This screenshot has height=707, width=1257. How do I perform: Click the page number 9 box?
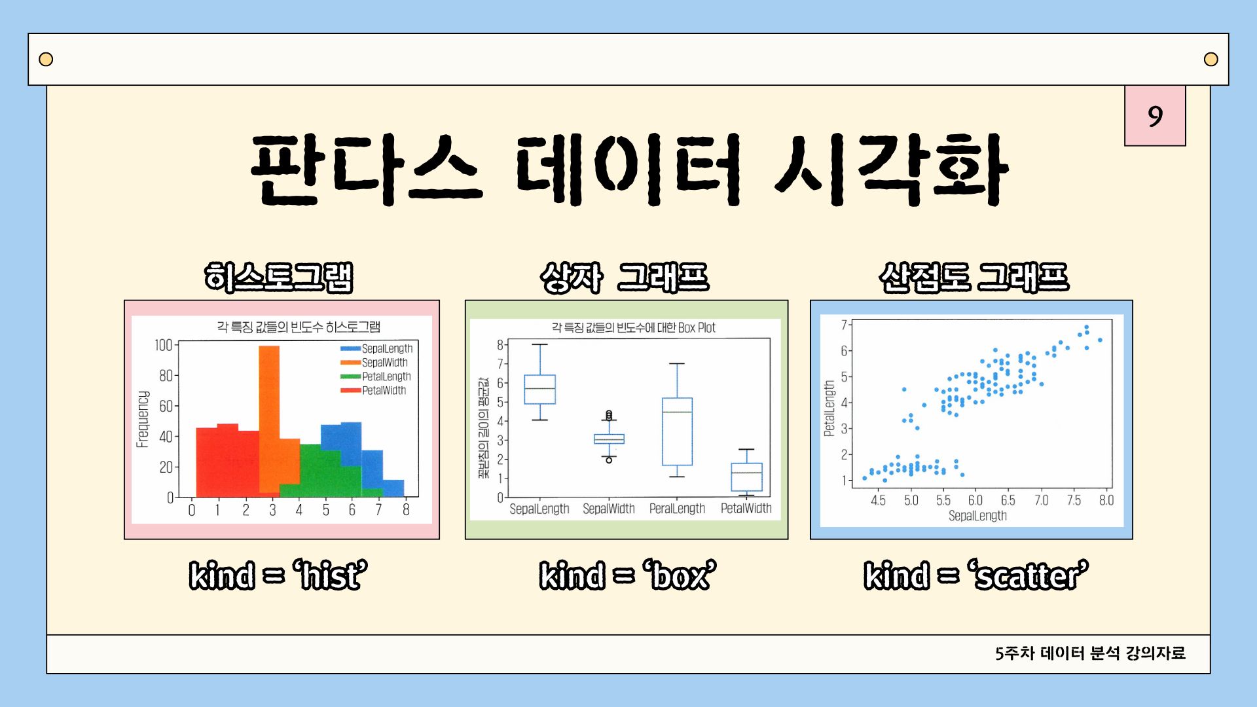(x=1155, y=116)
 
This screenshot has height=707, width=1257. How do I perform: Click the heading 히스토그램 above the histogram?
(x=279, y=277)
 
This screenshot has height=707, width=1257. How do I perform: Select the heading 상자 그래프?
(x=625, y=277)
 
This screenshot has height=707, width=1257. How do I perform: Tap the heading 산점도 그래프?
(x=974, y=277)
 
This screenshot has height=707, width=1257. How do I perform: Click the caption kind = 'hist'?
(x=278, y=575)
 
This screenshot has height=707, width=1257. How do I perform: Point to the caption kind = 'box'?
(x=628, y=575)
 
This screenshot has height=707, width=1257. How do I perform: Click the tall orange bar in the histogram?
(x=269, y=419)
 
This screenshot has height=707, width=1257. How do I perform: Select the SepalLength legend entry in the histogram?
(x=376, y=349)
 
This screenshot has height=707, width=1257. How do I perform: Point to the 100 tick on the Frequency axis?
(x=163, y=345)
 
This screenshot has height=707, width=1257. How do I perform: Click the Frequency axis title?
(x=143, y=420)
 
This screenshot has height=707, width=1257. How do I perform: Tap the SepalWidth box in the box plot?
(x=609, y=439)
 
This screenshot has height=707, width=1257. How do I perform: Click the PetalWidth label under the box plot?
(x=746, y=508)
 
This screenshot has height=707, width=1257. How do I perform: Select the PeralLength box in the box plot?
(x=677, y=431)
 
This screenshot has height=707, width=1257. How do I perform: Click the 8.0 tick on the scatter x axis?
(x=1106, y=500)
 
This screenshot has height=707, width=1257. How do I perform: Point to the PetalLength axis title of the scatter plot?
(x=829, y=408)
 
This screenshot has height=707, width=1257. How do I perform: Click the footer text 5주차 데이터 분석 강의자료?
(x=1090, y=653)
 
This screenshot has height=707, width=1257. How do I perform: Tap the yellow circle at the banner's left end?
(x=46, y=60)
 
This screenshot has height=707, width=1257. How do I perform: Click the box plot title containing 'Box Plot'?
(x=633, y=327)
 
